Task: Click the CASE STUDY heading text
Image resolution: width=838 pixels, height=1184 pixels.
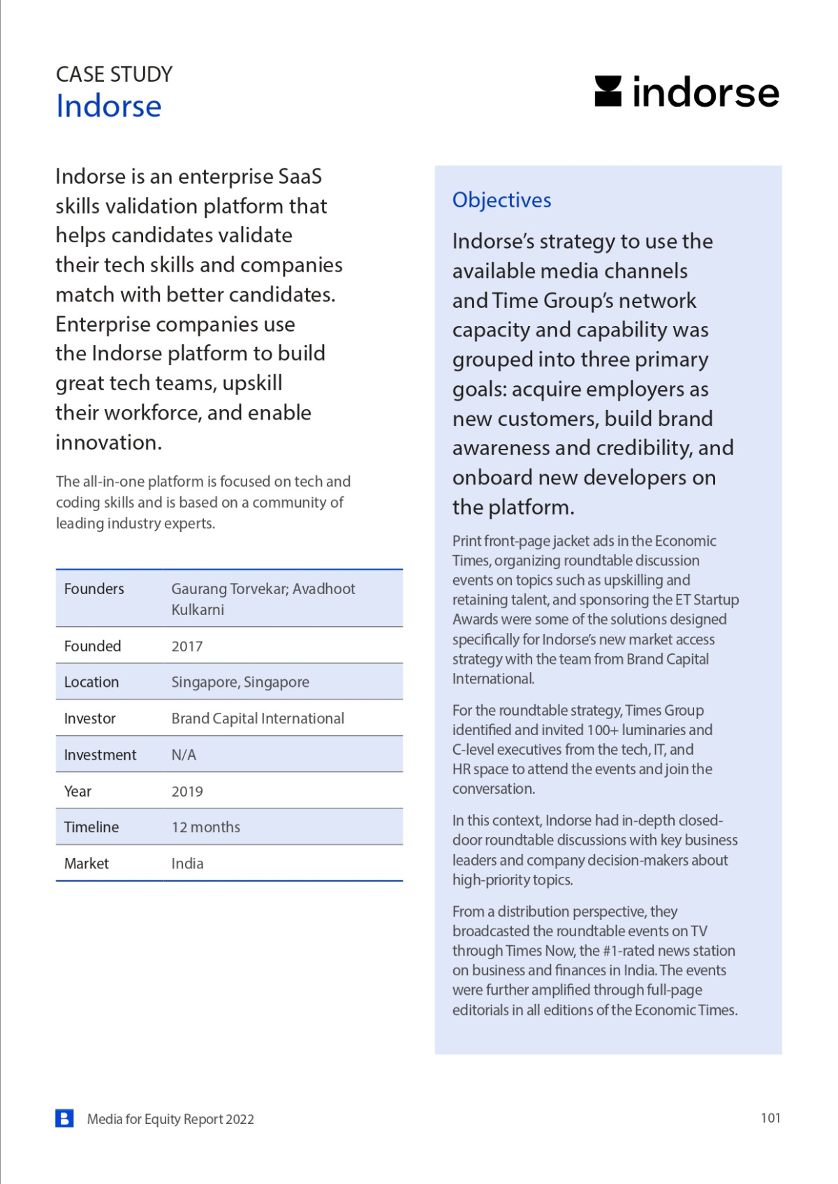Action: pyautogui.click(x=114, y=74)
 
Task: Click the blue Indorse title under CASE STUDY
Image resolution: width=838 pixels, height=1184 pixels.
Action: pyautogui.click(x=109, y=106)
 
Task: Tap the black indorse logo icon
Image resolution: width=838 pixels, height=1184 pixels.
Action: pyautogui.click(x=608, y=91)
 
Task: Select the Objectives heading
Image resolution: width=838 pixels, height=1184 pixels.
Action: pyautogui.click(x=501, y=200)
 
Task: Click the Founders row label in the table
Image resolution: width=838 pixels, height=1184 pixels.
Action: pyautogui.click(x=94, y=589)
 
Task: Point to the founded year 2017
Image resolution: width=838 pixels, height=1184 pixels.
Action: pyautogui.click(x=187, y=646)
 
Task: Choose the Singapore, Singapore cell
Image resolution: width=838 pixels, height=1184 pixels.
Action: pyautogui.click(x=240, y=682)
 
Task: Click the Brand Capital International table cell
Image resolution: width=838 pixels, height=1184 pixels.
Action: pyautogui.click(x=258, y=718)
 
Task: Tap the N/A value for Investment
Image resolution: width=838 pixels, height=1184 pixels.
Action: pyautogui.click(x=184, y=755)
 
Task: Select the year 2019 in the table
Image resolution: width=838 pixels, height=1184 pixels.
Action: pyautogui.click(x=187, y=792)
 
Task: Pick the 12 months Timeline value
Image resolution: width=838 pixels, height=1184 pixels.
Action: pyautogui.click(x=206, y=827)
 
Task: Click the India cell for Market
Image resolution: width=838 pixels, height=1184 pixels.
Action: pyautogui.click(x=187, y=864)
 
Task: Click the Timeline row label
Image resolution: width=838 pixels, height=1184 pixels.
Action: pyautogui.click(x=91, y=827)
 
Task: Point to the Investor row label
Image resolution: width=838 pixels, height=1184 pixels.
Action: pyautogui.click(x=90, y=718)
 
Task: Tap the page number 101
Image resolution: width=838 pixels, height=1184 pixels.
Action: pyautogui.click(x=770, y=1118)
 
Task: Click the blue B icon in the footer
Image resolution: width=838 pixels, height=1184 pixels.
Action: pyautogui.click(x=64, y=1118)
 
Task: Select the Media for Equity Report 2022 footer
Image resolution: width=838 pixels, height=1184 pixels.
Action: pyautogui.click(x=170, y=1119)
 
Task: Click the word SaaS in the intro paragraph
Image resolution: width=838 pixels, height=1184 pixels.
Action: pyautogui.click(x=300, y=177)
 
